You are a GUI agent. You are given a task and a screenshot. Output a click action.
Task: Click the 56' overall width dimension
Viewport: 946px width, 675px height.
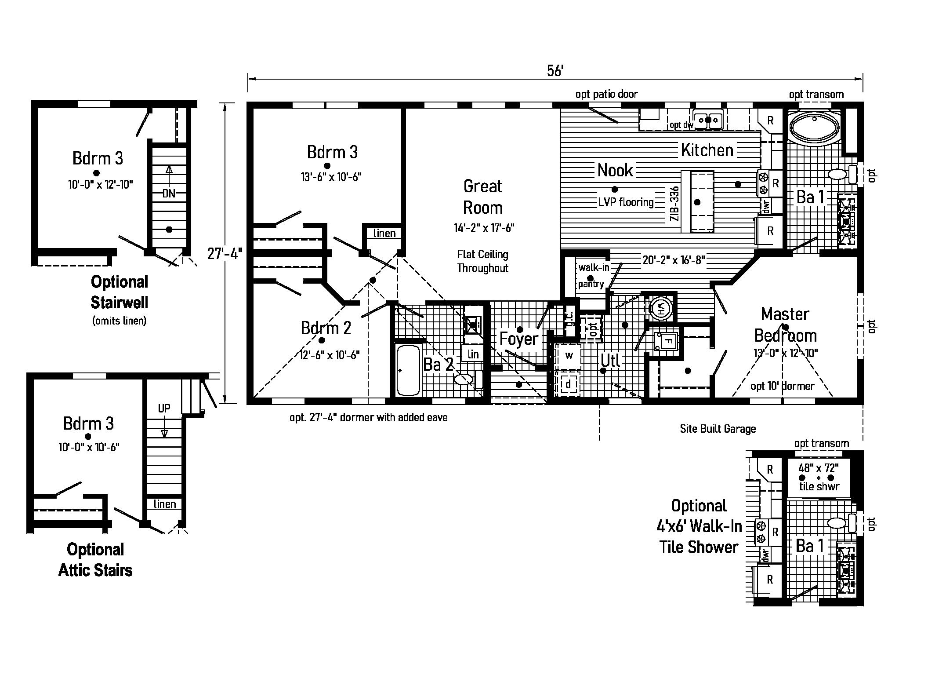[x=555, y=71]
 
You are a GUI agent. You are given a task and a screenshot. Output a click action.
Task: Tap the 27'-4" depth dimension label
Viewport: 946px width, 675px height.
[x=225, y=254]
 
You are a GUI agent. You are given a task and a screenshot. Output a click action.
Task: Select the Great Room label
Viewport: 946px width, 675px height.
[x=482, y=197]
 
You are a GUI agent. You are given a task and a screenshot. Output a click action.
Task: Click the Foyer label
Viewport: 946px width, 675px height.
[x=518, y=339]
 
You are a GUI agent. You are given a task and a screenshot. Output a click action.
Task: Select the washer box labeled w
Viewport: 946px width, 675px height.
[x=569, y=355]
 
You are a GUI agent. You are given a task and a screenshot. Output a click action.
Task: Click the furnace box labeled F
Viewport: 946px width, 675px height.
[x=667, y=341]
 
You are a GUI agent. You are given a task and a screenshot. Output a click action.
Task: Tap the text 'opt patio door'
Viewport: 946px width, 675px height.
[x=606, y=95]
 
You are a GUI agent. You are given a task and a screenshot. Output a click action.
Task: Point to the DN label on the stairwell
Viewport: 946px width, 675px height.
[x=169, y=193]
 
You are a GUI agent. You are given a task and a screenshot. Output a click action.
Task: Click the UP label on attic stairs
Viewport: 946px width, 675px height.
[x=164, y=409]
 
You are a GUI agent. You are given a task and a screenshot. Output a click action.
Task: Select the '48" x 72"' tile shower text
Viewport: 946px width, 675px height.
[x=819, y=468]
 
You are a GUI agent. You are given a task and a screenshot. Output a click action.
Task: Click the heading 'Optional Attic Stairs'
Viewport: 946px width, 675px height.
[x=95, y=560]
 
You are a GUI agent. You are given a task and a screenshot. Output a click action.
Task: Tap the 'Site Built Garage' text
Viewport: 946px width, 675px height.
[x=718, y=429]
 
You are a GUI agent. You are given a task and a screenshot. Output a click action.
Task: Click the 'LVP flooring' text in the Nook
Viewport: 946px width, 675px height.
[x=626, y=202]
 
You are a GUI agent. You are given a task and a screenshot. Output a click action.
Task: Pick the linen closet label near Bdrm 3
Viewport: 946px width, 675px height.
[x=384, y=234]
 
